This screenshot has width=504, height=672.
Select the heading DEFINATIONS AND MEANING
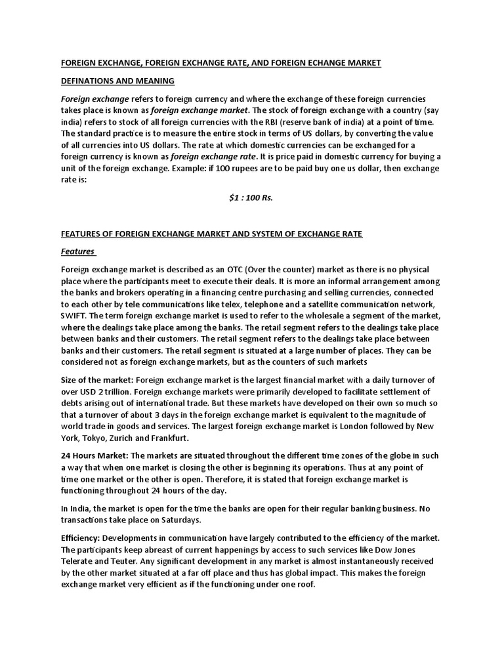tap(117, 81)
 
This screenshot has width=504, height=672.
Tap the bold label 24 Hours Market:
tap(94, 455)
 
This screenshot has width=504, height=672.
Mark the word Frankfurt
tap(168, 438)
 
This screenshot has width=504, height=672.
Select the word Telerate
tap(79, 560)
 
